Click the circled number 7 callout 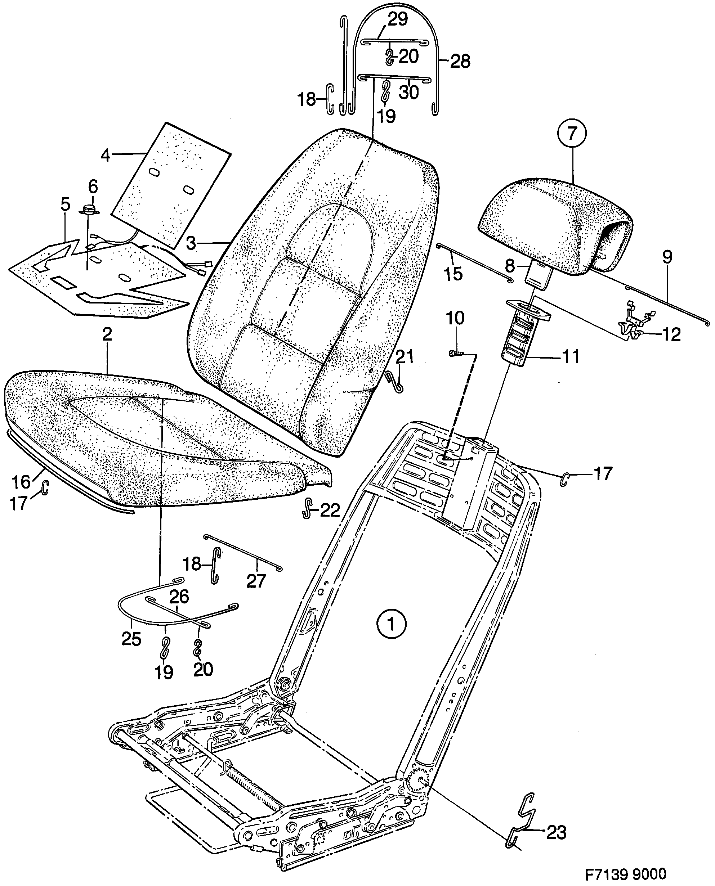(571, 134)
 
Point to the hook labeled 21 (396, 382)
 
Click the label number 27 (256, 581)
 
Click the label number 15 (453, 273)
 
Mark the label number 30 (409, 92)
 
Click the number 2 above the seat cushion (107, 334)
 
